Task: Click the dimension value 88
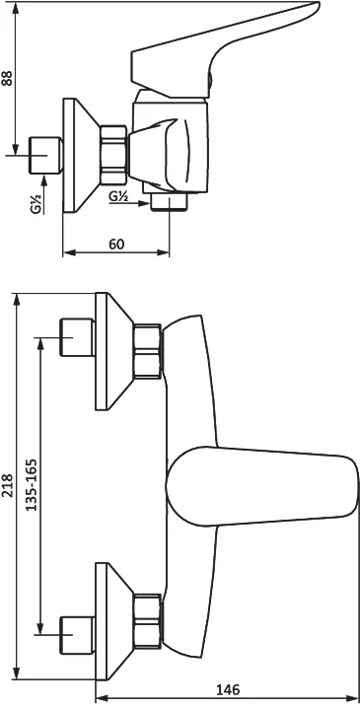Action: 8,78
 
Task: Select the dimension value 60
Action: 116,245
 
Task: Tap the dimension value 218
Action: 8,485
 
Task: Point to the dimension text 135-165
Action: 32,485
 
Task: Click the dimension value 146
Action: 227,690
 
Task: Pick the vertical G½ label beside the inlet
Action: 36,203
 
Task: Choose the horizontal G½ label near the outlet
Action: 119,196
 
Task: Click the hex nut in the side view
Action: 113,155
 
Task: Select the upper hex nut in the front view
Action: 148,351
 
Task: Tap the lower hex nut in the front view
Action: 148,621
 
